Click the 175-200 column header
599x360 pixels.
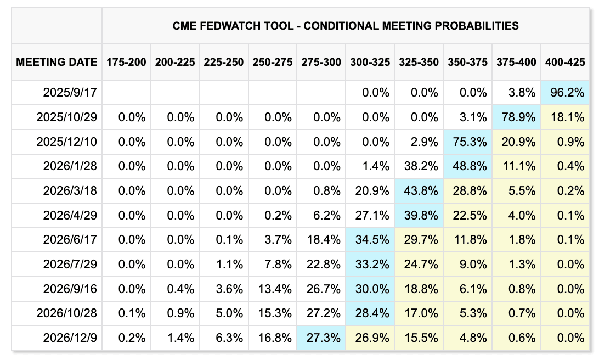click(126, 62)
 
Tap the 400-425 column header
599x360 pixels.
click(565, 62)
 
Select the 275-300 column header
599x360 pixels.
click(321, 62)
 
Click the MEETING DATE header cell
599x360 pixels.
click(56, 62)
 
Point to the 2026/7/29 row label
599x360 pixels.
click(70, 264)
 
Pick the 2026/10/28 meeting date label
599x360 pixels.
click(66, 313)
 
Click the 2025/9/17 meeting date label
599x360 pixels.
click(70, 93)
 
